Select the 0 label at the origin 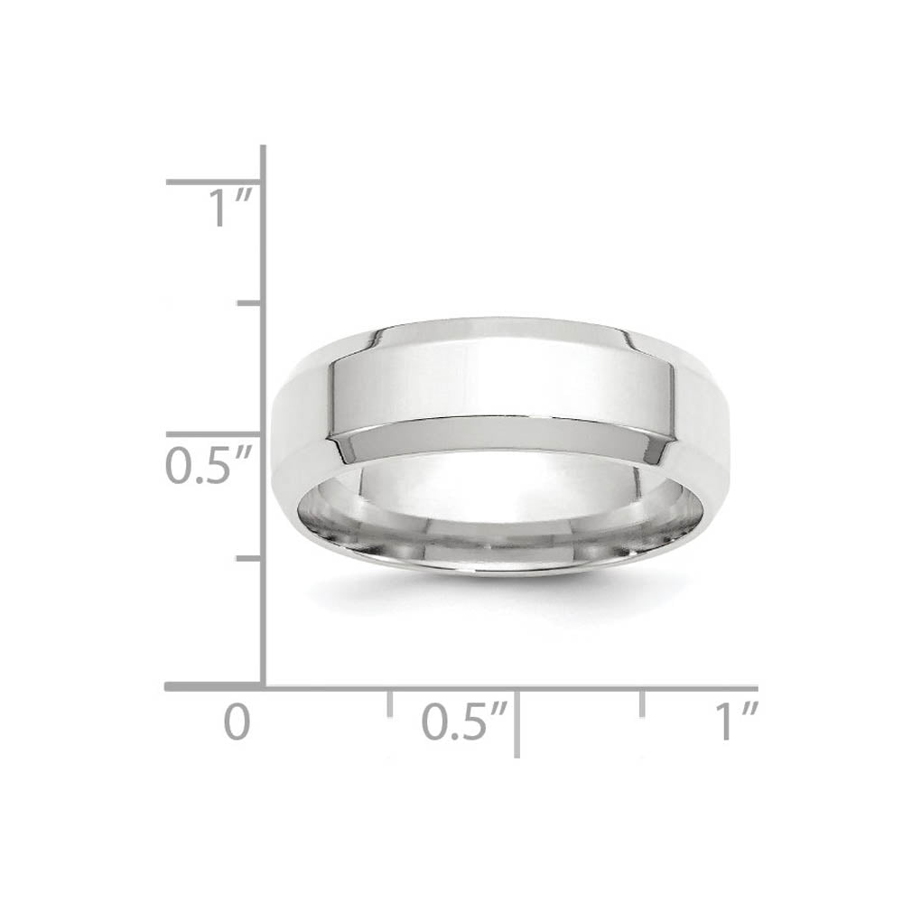pyautogui.click(x=237, y=722)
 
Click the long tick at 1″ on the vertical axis pyautogui.click(x=214, y=182)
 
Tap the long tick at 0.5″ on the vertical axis pyautogui.click(x=214, y=434)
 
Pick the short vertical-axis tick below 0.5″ pyautogui.click(x=249, y=559)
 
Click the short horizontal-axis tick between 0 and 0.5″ pyautogui.click(x=389, y=703)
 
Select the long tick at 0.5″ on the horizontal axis pyautogui.click(x=517, y=722)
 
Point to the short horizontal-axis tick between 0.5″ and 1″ pyautogui.click(x=642, y=703)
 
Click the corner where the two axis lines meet pyautogui.click(x=263, y=687)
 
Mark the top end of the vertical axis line pyautogui.click(x=263, y=148)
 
